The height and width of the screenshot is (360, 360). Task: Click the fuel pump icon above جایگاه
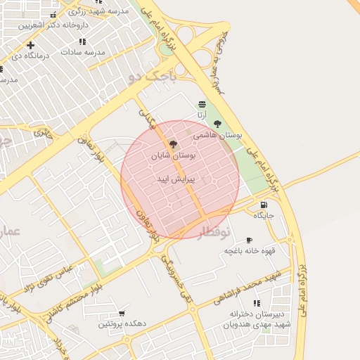pos(264,205)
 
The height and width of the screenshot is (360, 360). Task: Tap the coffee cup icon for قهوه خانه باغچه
pos(249,240)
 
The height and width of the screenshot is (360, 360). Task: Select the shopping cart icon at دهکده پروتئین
pos(122,314)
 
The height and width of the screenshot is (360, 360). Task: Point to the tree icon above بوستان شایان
pos(173,143)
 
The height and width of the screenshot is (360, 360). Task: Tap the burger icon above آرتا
pos(202,104)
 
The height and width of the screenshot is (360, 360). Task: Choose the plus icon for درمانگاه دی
pos(30,45)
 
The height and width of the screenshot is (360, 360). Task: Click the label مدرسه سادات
pos(82,53)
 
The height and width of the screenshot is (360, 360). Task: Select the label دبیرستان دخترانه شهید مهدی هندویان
pos(256,319)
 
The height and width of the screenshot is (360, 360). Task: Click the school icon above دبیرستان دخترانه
pos(257,303)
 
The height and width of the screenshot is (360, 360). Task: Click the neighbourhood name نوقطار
pos(212,233)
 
